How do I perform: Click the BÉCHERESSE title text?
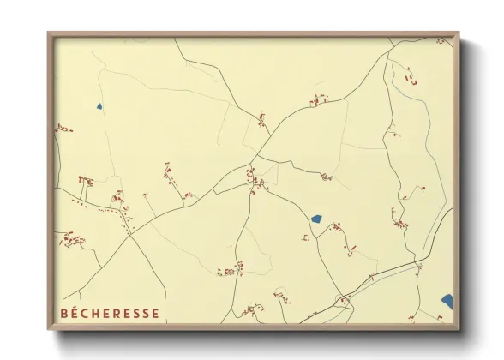pos(110,313)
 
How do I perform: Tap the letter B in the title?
pos(65,313)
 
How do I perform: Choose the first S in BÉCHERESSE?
pos(135,313)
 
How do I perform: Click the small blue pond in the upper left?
pos(99,107)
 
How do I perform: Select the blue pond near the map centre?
pos(316,219)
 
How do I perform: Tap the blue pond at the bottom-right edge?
pos(447,300)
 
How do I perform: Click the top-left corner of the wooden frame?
pos(49,33)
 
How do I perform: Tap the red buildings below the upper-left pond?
pos(62,129)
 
